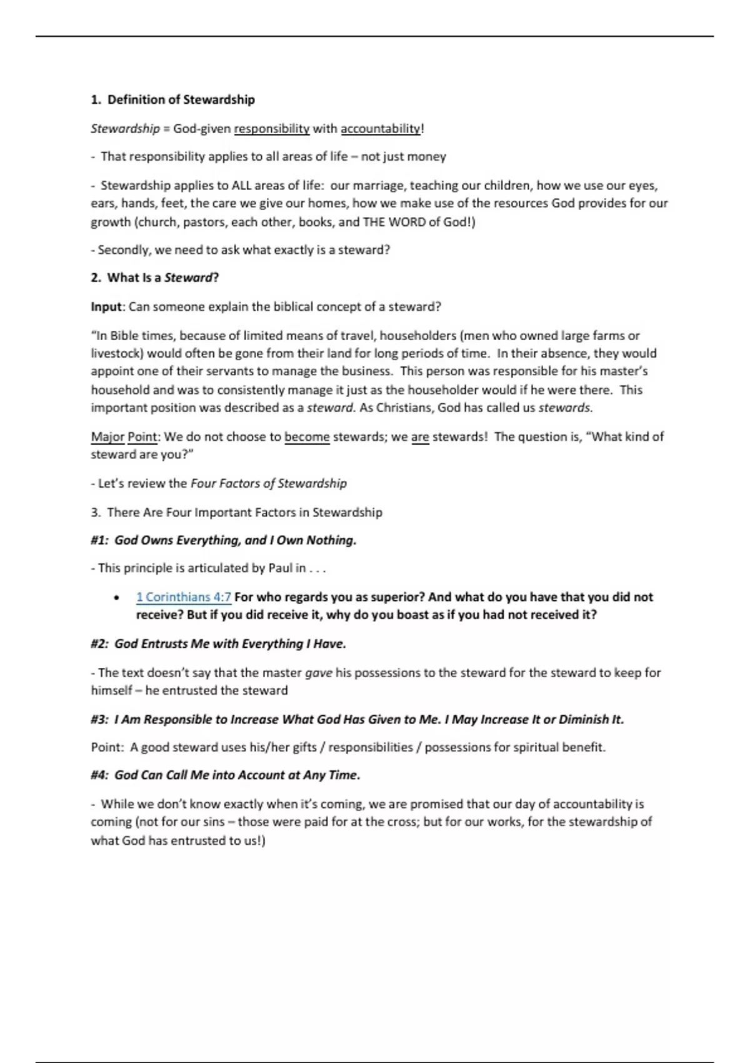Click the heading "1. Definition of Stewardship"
point(172,99)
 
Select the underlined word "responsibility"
point(271,129)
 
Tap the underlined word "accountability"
point(380,129)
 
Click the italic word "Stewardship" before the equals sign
point(125,129)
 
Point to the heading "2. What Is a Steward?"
point(154,278)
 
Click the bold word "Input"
point(106,307)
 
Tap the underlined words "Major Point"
point(124,436)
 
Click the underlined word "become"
point(307,436)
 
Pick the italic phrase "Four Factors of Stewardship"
point(268,483)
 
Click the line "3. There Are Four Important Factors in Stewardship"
point(236,513)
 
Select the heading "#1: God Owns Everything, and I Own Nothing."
point(223,540)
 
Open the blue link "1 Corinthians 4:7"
point(183,597)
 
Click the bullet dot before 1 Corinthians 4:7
point(117,598)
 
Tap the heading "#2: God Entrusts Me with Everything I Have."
point(218,644)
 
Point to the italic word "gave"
point(318,673)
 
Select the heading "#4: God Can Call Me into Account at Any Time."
point(225,775)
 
